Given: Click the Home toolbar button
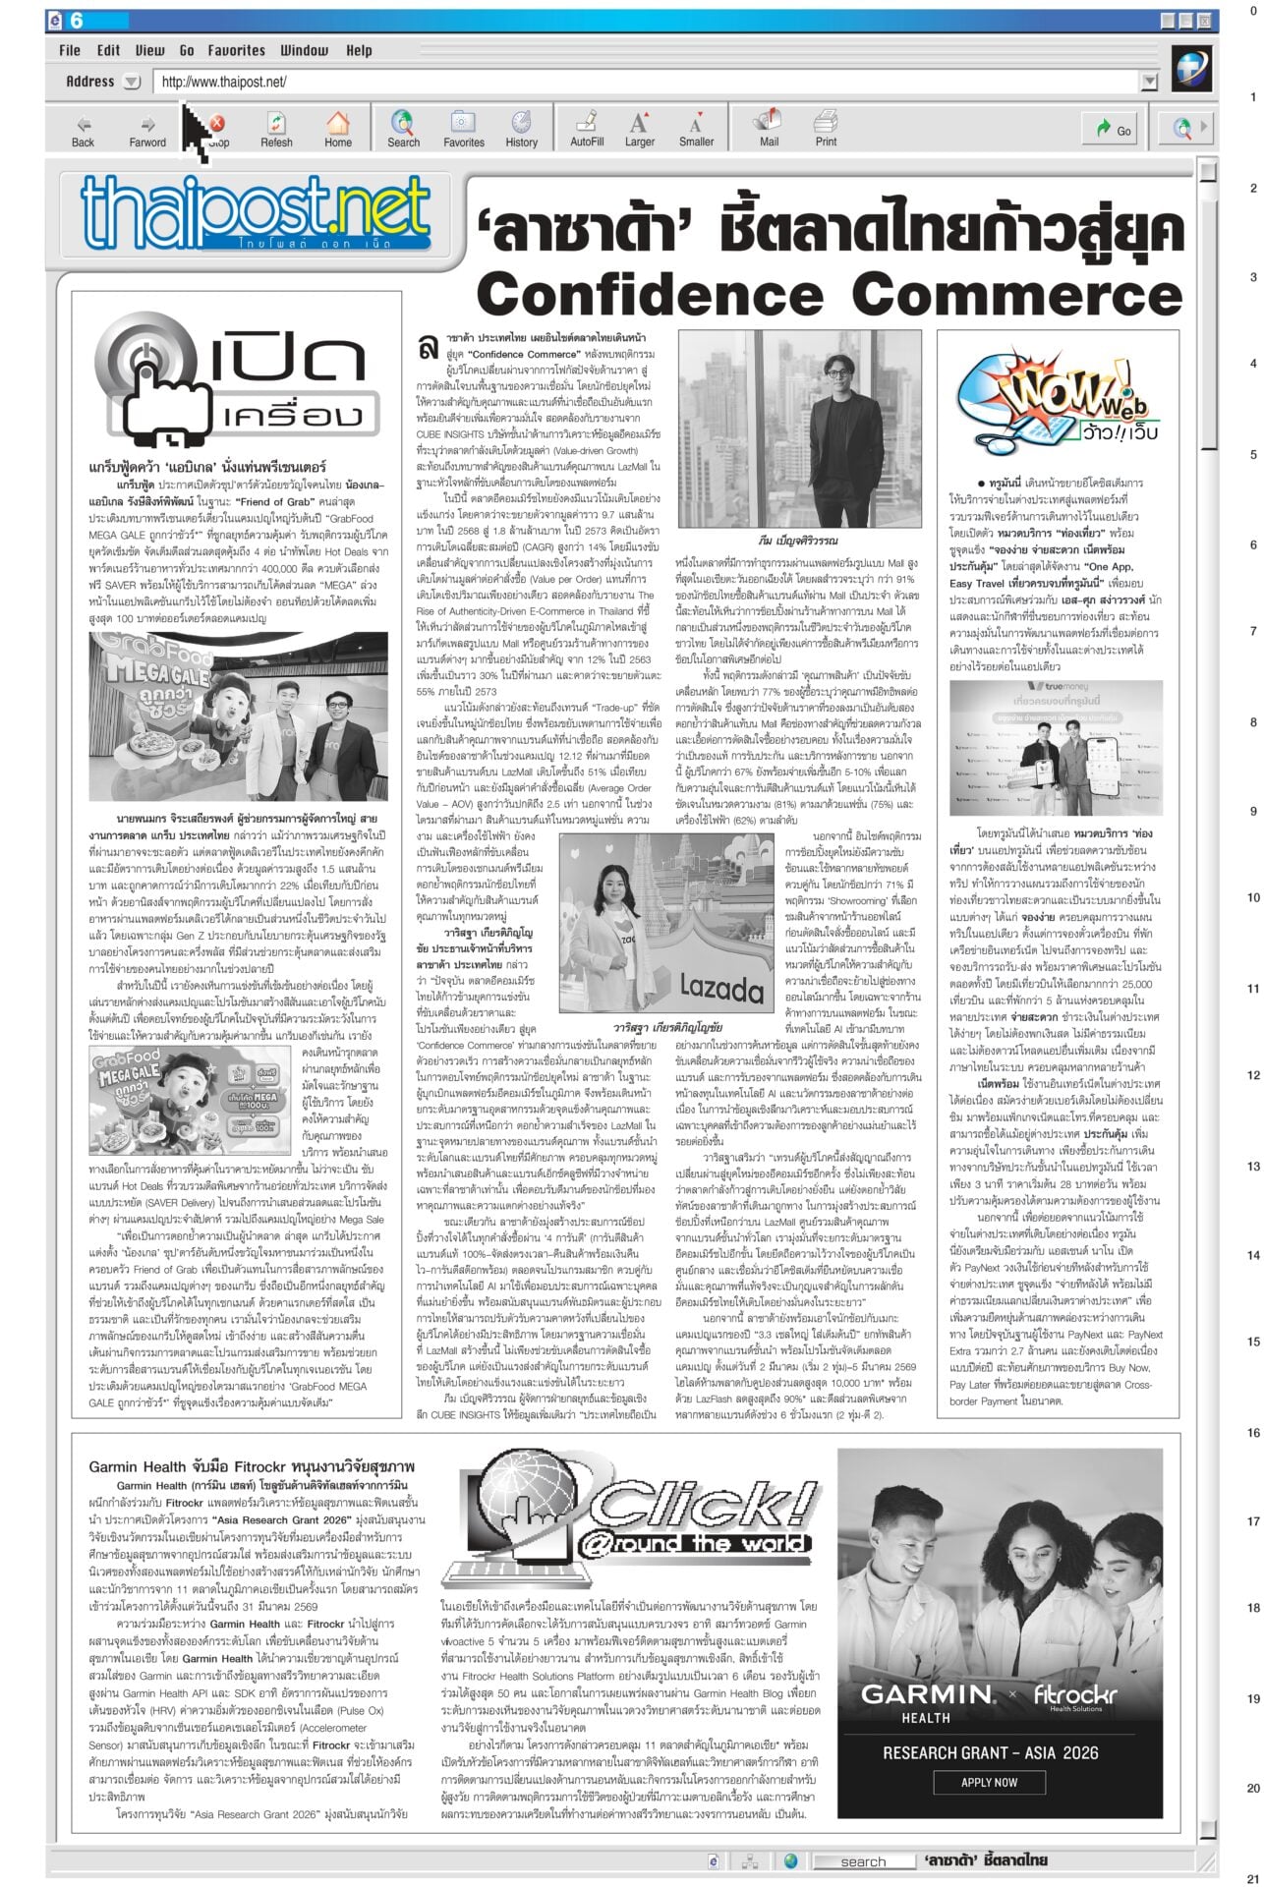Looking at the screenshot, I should [338, 129].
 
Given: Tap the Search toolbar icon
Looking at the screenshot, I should [403, 129].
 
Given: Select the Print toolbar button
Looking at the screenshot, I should [826, 129].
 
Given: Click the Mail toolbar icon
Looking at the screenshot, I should [768, 129].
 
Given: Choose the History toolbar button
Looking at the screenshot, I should [521, 129].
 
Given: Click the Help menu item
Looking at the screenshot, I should [359, 50].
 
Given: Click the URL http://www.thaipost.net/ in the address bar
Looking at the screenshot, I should [224, 83].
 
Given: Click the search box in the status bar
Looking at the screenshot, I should [862, 1861].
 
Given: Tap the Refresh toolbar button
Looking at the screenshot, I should [276, 129].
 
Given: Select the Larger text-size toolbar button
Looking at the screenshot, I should [639, 129].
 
